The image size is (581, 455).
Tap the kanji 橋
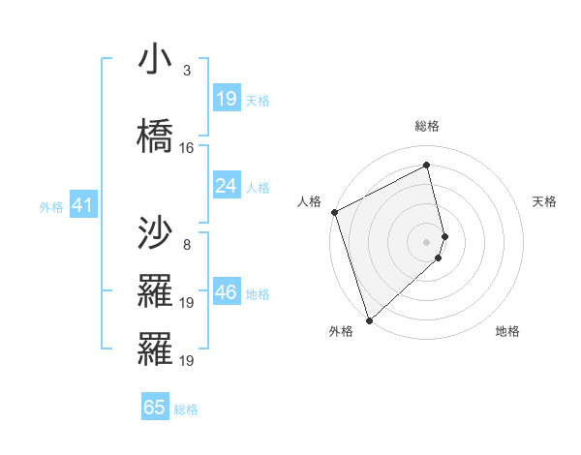[155, 134]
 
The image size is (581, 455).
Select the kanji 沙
[155, 232]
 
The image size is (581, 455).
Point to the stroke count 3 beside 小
[186, 71]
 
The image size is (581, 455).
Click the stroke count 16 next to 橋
[187, 148]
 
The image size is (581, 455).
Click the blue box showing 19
[227, 99]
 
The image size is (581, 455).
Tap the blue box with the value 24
[227, 186]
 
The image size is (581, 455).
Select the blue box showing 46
[227, 292]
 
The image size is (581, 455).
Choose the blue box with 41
[81, 205]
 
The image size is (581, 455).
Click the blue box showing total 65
[155, 408]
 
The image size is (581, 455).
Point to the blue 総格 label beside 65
[186, 409]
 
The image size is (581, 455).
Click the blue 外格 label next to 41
[51, 206]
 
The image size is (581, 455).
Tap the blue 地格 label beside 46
[259, 293]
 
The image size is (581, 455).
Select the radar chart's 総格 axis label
[427, 126]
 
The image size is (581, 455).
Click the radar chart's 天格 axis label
[545, 201]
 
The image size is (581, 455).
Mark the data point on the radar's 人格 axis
[334, 212]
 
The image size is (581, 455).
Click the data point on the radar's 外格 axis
[369, 320]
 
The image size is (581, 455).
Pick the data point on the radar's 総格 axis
[427, 165]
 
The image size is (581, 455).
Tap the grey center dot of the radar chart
[427, 241]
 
